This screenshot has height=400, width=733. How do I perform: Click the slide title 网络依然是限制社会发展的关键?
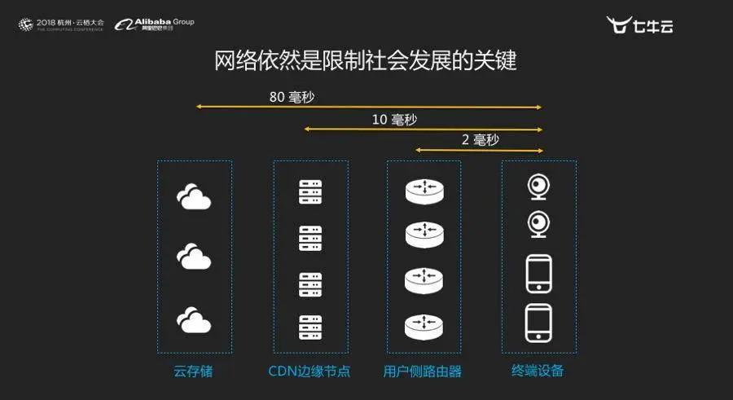366,61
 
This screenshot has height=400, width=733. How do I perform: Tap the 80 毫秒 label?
292,97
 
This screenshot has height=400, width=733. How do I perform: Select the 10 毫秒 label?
394,119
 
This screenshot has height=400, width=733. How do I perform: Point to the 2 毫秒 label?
480,139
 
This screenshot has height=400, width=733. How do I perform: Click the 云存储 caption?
194,371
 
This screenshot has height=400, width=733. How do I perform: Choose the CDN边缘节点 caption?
309,371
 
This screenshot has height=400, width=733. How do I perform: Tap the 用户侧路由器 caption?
423,371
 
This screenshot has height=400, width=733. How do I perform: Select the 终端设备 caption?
538,371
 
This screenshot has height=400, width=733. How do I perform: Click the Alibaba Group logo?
155,24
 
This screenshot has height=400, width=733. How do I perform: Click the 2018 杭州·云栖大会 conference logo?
62,24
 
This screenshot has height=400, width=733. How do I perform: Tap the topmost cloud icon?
194,198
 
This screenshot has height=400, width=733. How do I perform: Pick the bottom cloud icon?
194,319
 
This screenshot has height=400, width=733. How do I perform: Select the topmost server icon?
310,192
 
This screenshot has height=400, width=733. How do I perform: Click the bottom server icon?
310,327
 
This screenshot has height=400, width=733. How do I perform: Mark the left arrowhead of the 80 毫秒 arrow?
198,107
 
